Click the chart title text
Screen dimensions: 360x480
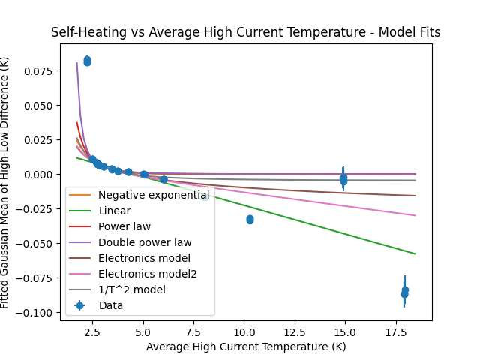click(245, 32)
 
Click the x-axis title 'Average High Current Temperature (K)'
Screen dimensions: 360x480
click(245, 346)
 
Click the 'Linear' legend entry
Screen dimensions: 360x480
click(115, 211)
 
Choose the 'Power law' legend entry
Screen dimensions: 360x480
click(124, 226)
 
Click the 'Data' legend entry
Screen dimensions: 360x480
click(110, 305)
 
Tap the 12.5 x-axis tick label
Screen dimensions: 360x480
click(294, 331)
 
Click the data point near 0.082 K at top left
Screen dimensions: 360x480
click(87, 61)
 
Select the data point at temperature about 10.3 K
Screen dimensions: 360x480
click(250, 220)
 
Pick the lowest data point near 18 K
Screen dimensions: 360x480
click(404, 294)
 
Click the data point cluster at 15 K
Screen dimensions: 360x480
click(343, 179)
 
